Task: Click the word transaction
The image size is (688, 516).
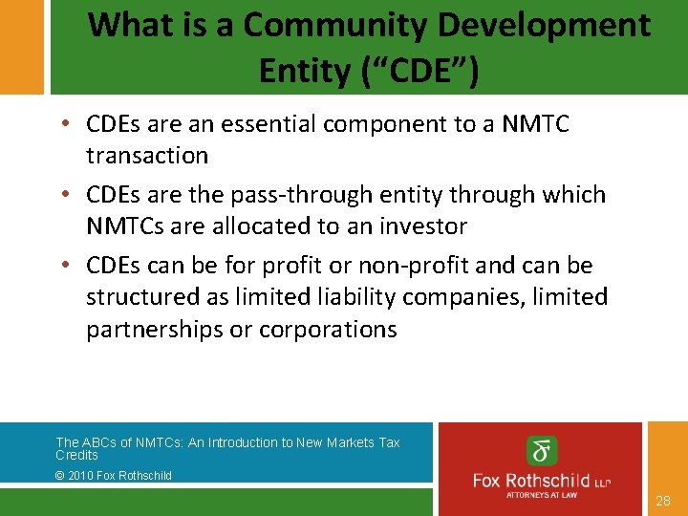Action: [147, 155]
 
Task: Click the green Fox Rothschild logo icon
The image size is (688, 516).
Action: [543, 451]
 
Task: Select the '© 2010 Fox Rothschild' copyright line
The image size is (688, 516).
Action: [114, 475]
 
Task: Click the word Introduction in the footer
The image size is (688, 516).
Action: [243, 442]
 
